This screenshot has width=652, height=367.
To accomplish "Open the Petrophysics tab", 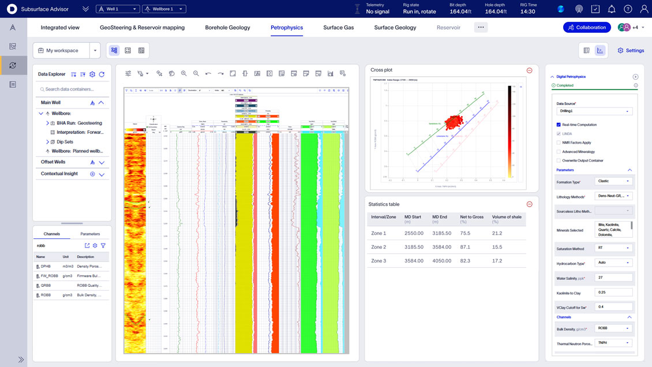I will pos(287,27).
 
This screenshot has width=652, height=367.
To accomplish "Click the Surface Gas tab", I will pos(338,27).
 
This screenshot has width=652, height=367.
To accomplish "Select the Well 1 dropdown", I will pos(118,9).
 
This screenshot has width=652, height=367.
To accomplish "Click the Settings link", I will pos(631,51).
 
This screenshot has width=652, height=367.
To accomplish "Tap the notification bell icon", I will pos(612,9).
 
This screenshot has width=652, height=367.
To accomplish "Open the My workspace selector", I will pos(66,51).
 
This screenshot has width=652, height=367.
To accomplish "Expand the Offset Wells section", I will pos(102,162).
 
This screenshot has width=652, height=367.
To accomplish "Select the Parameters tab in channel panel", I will pos(90,234).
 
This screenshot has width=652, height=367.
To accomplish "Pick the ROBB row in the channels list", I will pos(46,295).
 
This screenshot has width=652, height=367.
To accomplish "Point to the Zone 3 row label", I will pos(379,261).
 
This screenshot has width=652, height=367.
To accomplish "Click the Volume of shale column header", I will pos(507,219).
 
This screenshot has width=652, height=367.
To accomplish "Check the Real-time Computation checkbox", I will pos(559,125).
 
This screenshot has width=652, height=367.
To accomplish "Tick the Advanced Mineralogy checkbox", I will pos(559,152).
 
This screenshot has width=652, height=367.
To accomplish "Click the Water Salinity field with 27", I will pos(613,278).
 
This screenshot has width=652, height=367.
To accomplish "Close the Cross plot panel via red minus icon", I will pos(529,70).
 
